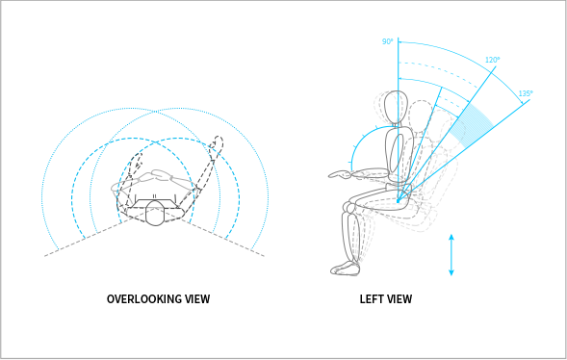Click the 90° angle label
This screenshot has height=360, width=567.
[x=387, y=41]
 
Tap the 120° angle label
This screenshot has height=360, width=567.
[x=493, y=60]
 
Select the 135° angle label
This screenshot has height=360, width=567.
[x=526, y=93]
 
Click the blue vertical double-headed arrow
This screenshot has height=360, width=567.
[x=451, y=255]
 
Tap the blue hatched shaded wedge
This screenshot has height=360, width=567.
[x=471, y=125]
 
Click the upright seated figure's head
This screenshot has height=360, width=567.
[x=396, y=107]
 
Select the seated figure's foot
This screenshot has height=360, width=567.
[x=345, y=269]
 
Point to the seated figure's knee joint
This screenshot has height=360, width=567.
[x=348, y=208]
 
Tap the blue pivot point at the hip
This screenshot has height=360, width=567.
[x=398, y=200]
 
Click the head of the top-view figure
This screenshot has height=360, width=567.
[x=155, y=215]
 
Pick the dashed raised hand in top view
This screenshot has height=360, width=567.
[x=217, y=143]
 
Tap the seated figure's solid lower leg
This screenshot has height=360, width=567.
[x=350, y=238]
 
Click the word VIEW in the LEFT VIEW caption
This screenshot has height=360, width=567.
[x=399, y=299]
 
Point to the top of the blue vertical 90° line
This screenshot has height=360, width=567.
[x=399, y=38]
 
